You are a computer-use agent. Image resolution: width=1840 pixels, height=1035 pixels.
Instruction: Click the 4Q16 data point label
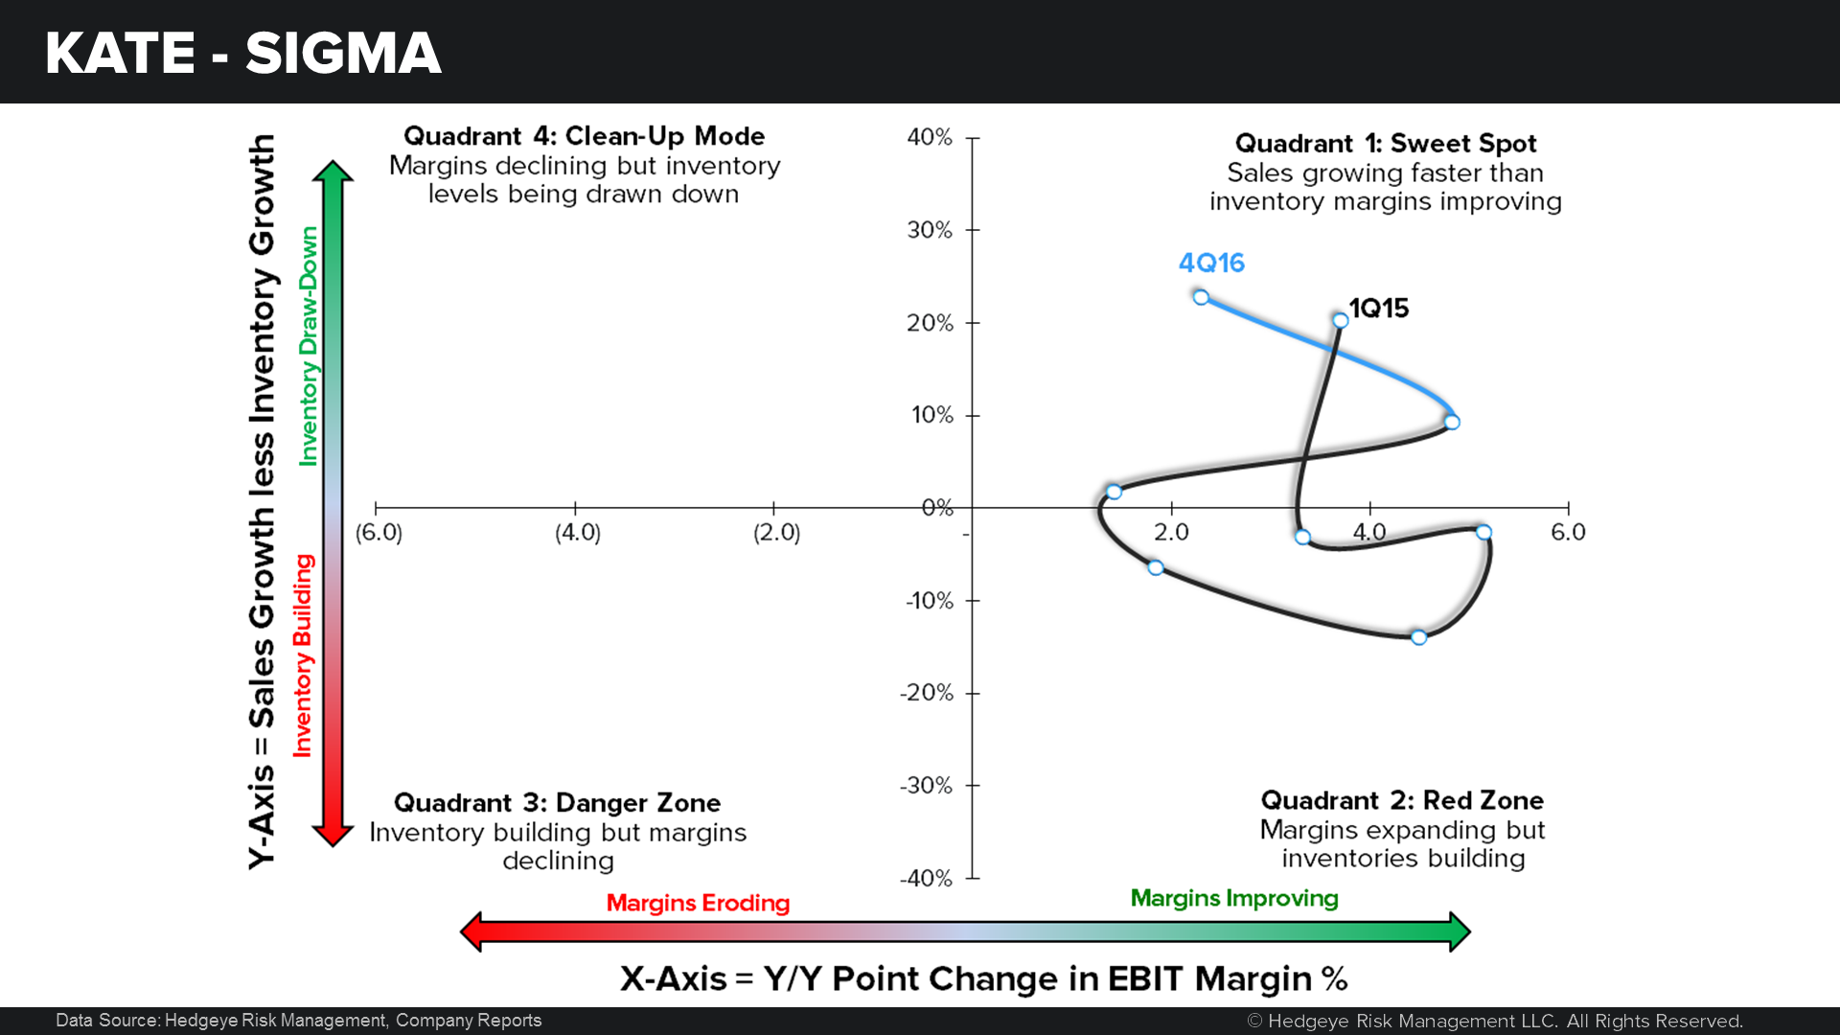tap(1211, 263)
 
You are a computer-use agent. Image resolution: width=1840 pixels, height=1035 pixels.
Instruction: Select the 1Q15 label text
tap(1379, 308)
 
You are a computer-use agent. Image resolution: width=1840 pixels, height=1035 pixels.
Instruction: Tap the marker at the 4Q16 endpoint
tap(1201, 297)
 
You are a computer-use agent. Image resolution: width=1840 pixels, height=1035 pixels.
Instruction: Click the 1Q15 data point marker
tap(1340, 320)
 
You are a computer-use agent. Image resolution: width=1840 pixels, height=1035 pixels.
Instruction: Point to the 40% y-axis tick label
tap(930, 137)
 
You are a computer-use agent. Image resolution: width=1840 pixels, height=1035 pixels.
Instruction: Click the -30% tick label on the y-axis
tap(926, 786)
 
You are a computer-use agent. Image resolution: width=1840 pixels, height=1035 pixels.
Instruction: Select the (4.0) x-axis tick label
tap(578, 532)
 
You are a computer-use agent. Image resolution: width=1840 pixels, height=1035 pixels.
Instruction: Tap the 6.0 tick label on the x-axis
tap(1568, 532)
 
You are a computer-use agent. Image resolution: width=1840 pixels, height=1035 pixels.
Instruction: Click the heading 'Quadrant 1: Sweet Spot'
tap(1386, 143)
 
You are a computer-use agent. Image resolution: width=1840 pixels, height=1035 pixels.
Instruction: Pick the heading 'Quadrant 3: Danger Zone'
tap(557, 802)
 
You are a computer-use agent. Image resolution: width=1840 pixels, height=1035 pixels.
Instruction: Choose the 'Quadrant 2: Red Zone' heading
tap(1402, 800)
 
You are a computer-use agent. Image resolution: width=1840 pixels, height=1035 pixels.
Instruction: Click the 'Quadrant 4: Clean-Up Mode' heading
tap(584, 136)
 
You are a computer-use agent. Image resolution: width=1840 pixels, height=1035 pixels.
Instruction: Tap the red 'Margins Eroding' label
tap(698, 903)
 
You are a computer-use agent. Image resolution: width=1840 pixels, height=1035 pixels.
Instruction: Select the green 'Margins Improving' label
tap(1234, 898)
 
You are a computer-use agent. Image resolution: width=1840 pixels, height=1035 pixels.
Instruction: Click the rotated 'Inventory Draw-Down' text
tap(308, 346)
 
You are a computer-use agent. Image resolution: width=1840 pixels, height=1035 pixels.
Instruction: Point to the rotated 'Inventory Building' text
tap(303, 655)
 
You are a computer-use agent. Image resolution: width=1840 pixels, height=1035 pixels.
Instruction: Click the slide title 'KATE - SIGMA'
tap(242, 53)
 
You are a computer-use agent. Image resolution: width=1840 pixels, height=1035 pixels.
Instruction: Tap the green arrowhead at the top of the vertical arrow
tap(333, 171)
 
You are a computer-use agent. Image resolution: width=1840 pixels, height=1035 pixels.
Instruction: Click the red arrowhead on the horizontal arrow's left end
tap(471, 931)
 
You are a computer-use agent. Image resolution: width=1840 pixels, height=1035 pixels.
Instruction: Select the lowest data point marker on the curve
tap(1418, 637)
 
